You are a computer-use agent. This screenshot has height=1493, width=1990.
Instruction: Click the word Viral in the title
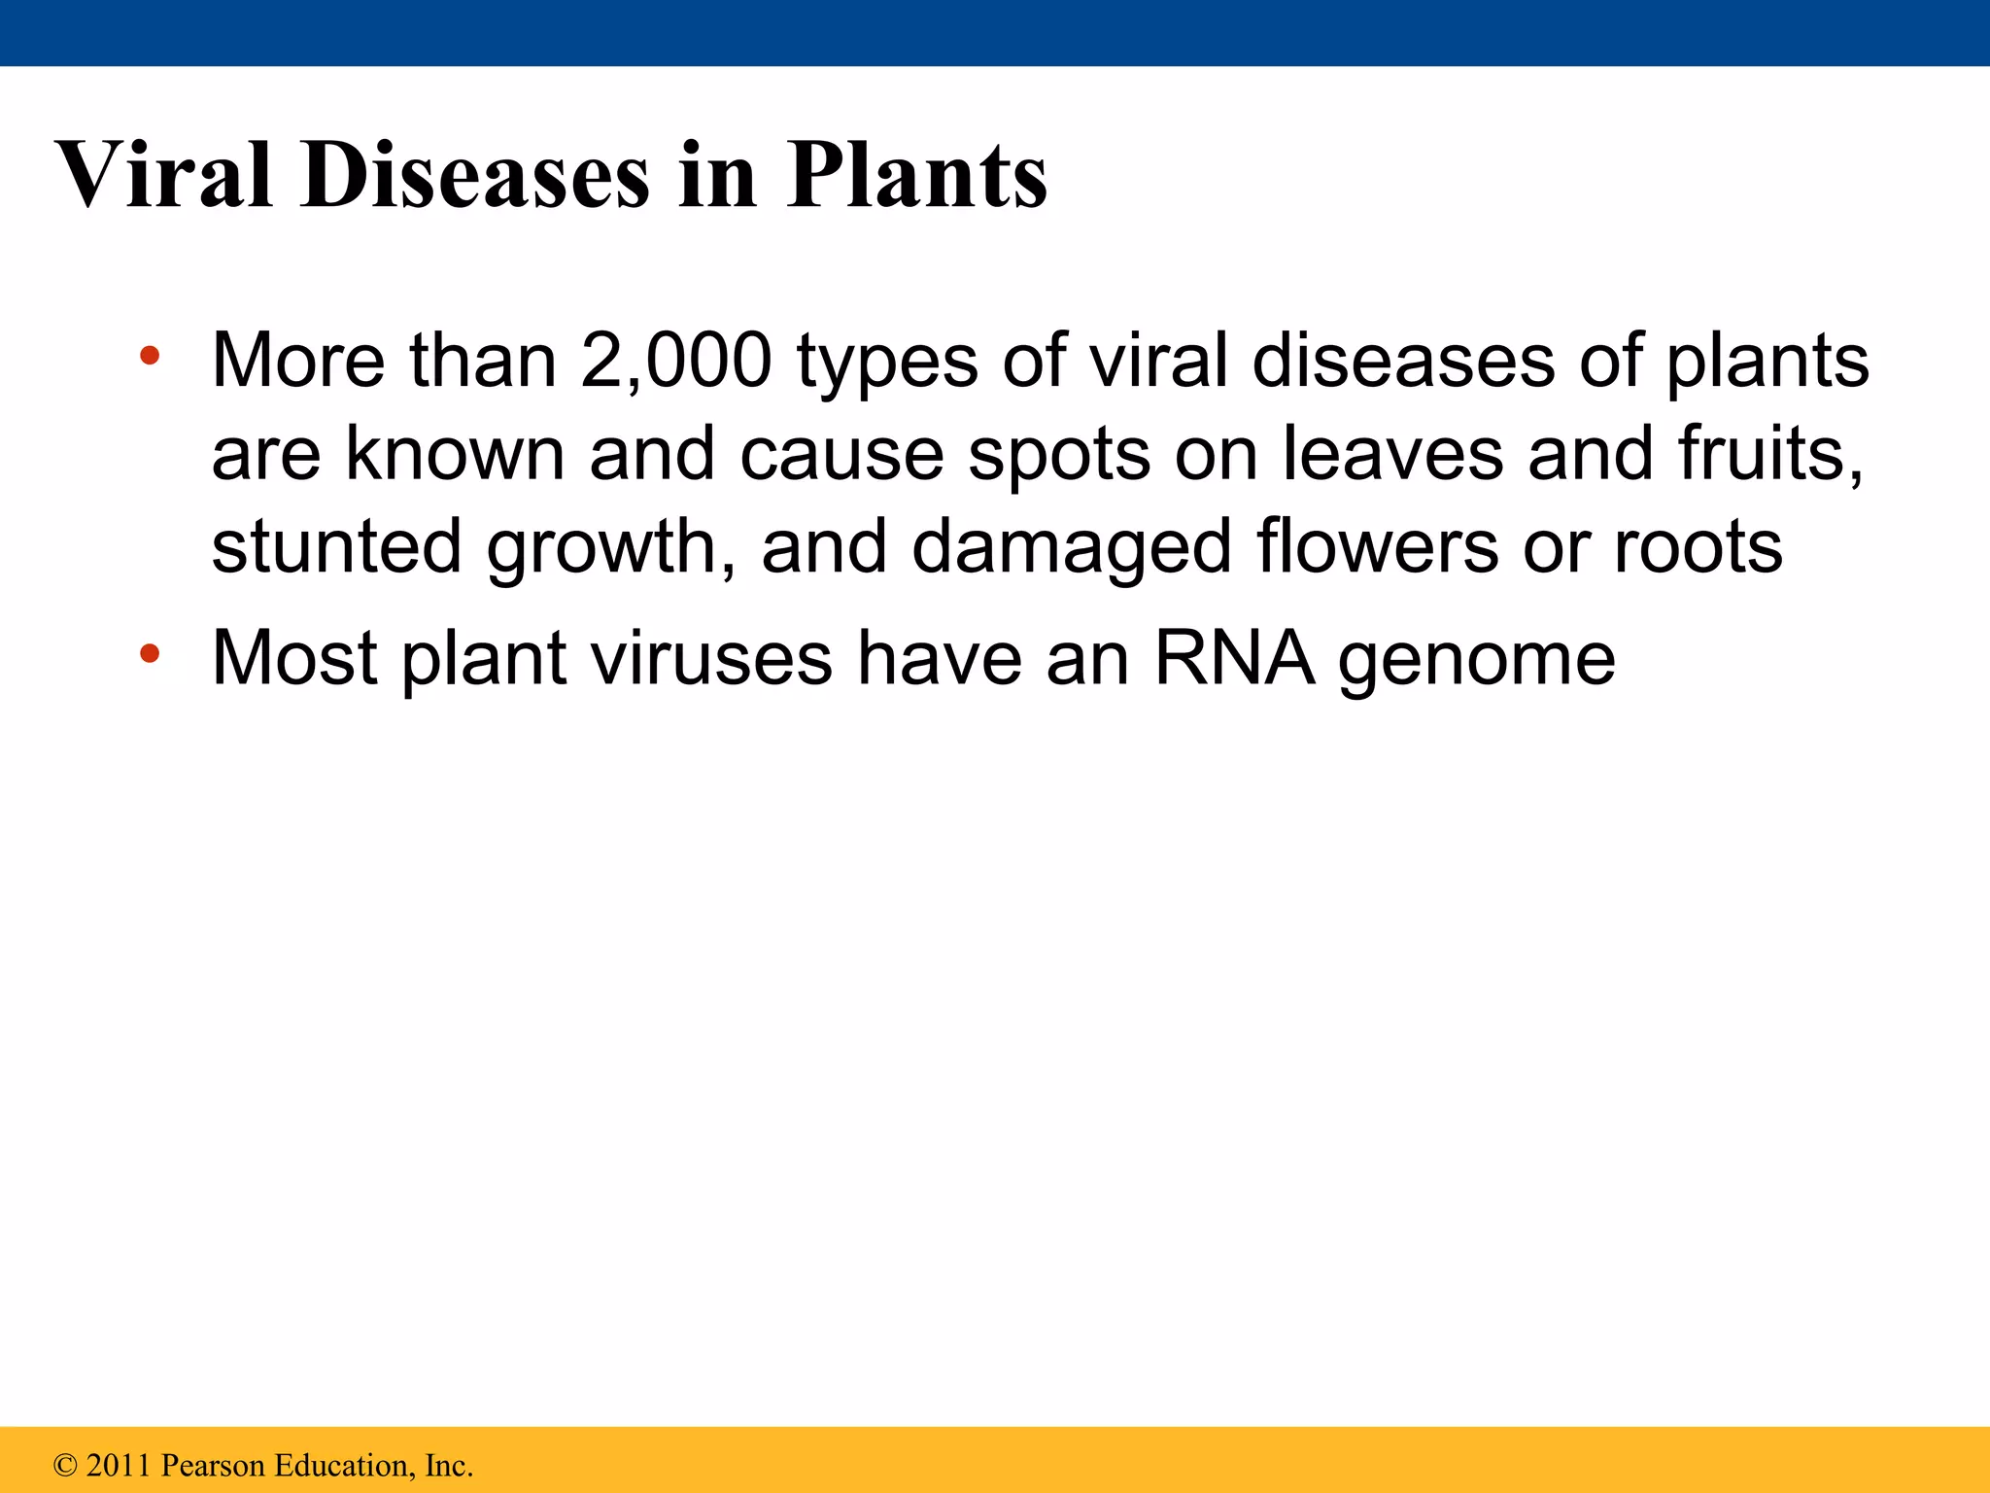[164, 176]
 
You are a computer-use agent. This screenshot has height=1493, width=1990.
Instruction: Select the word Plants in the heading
[916, 176]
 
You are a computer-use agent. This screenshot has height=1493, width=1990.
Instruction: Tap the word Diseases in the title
[474, 176]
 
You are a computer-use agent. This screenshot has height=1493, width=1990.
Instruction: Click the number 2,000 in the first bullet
[676, 361]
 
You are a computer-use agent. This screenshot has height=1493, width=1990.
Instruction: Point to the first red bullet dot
[149, 355]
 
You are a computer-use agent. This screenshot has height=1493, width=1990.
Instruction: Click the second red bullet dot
[149, 653]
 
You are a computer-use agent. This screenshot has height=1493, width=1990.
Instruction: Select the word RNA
[1233, 659]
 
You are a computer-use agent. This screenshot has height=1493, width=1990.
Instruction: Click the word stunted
[336, 547]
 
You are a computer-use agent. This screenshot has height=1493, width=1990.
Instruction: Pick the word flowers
[1377, 547]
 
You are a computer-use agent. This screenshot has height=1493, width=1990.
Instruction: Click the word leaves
[1392, 454]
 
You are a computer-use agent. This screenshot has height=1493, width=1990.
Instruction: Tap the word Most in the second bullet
[294, 659]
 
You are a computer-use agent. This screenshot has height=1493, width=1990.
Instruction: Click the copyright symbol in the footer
[65, 1466]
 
